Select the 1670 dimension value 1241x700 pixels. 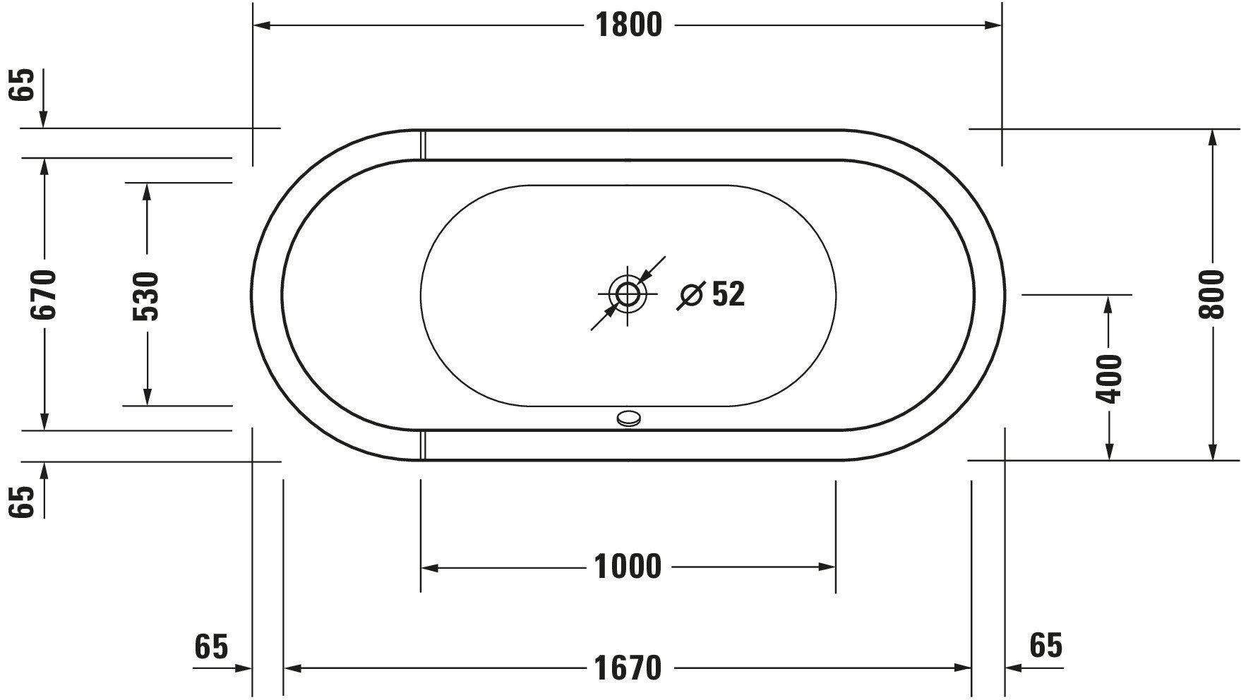[x=628, y=668]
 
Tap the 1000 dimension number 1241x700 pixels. [x=628, y=567]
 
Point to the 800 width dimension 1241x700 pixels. [x=1213, y=294]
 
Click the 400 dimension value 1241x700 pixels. [x=1109, y=379]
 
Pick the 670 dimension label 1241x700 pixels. [x=44, y=294]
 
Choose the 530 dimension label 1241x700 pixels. [x=147, y=296]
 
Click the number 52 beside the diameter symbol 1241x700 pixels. [x=729, y=294]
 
